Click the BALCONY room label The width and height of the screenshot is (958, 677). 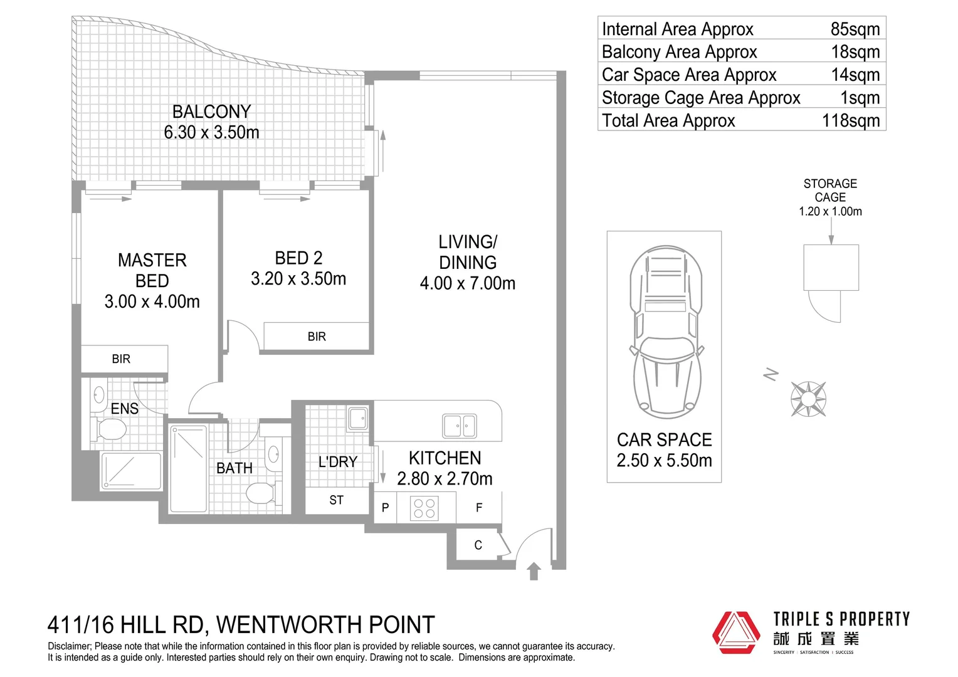point(211,112)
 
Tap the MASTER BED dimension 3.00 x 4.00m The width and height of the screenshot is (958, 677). point(152,302)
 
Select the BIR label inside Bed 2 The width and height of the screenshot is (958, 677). point(317,337)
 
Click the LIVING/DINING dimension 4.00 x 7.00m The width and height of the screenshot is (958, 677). point(468,283)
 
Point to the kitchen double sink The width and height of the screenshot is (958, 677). point(459,426)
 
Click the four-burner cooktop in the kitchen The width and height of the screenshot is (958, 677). point(424,508)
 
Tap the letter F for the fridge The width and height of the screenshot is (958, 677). point(479,508)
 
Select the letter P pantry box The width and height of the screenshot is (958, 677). point(385,508)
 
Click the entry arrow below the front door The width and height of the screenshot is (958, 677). point(534,571)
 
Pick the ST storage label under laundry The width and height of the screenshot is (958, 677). point(337,500)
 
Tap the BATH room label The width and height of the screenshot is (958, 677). point(234,468)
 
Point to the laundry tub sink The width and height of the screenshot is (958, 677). point(358,418)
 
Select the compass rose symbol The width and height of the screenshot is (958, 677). point(808,399)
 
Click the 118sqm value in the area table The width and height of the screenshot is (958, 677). point(851,120)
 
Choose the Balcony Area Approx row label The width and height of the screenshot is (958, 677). point(679,52)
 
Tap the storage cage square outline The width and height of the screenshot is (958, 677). point(831,268)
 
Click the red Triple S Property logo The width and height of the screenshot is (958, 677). point(736,632)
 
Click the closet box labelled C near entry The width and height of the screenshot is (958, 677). point(478,545)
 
